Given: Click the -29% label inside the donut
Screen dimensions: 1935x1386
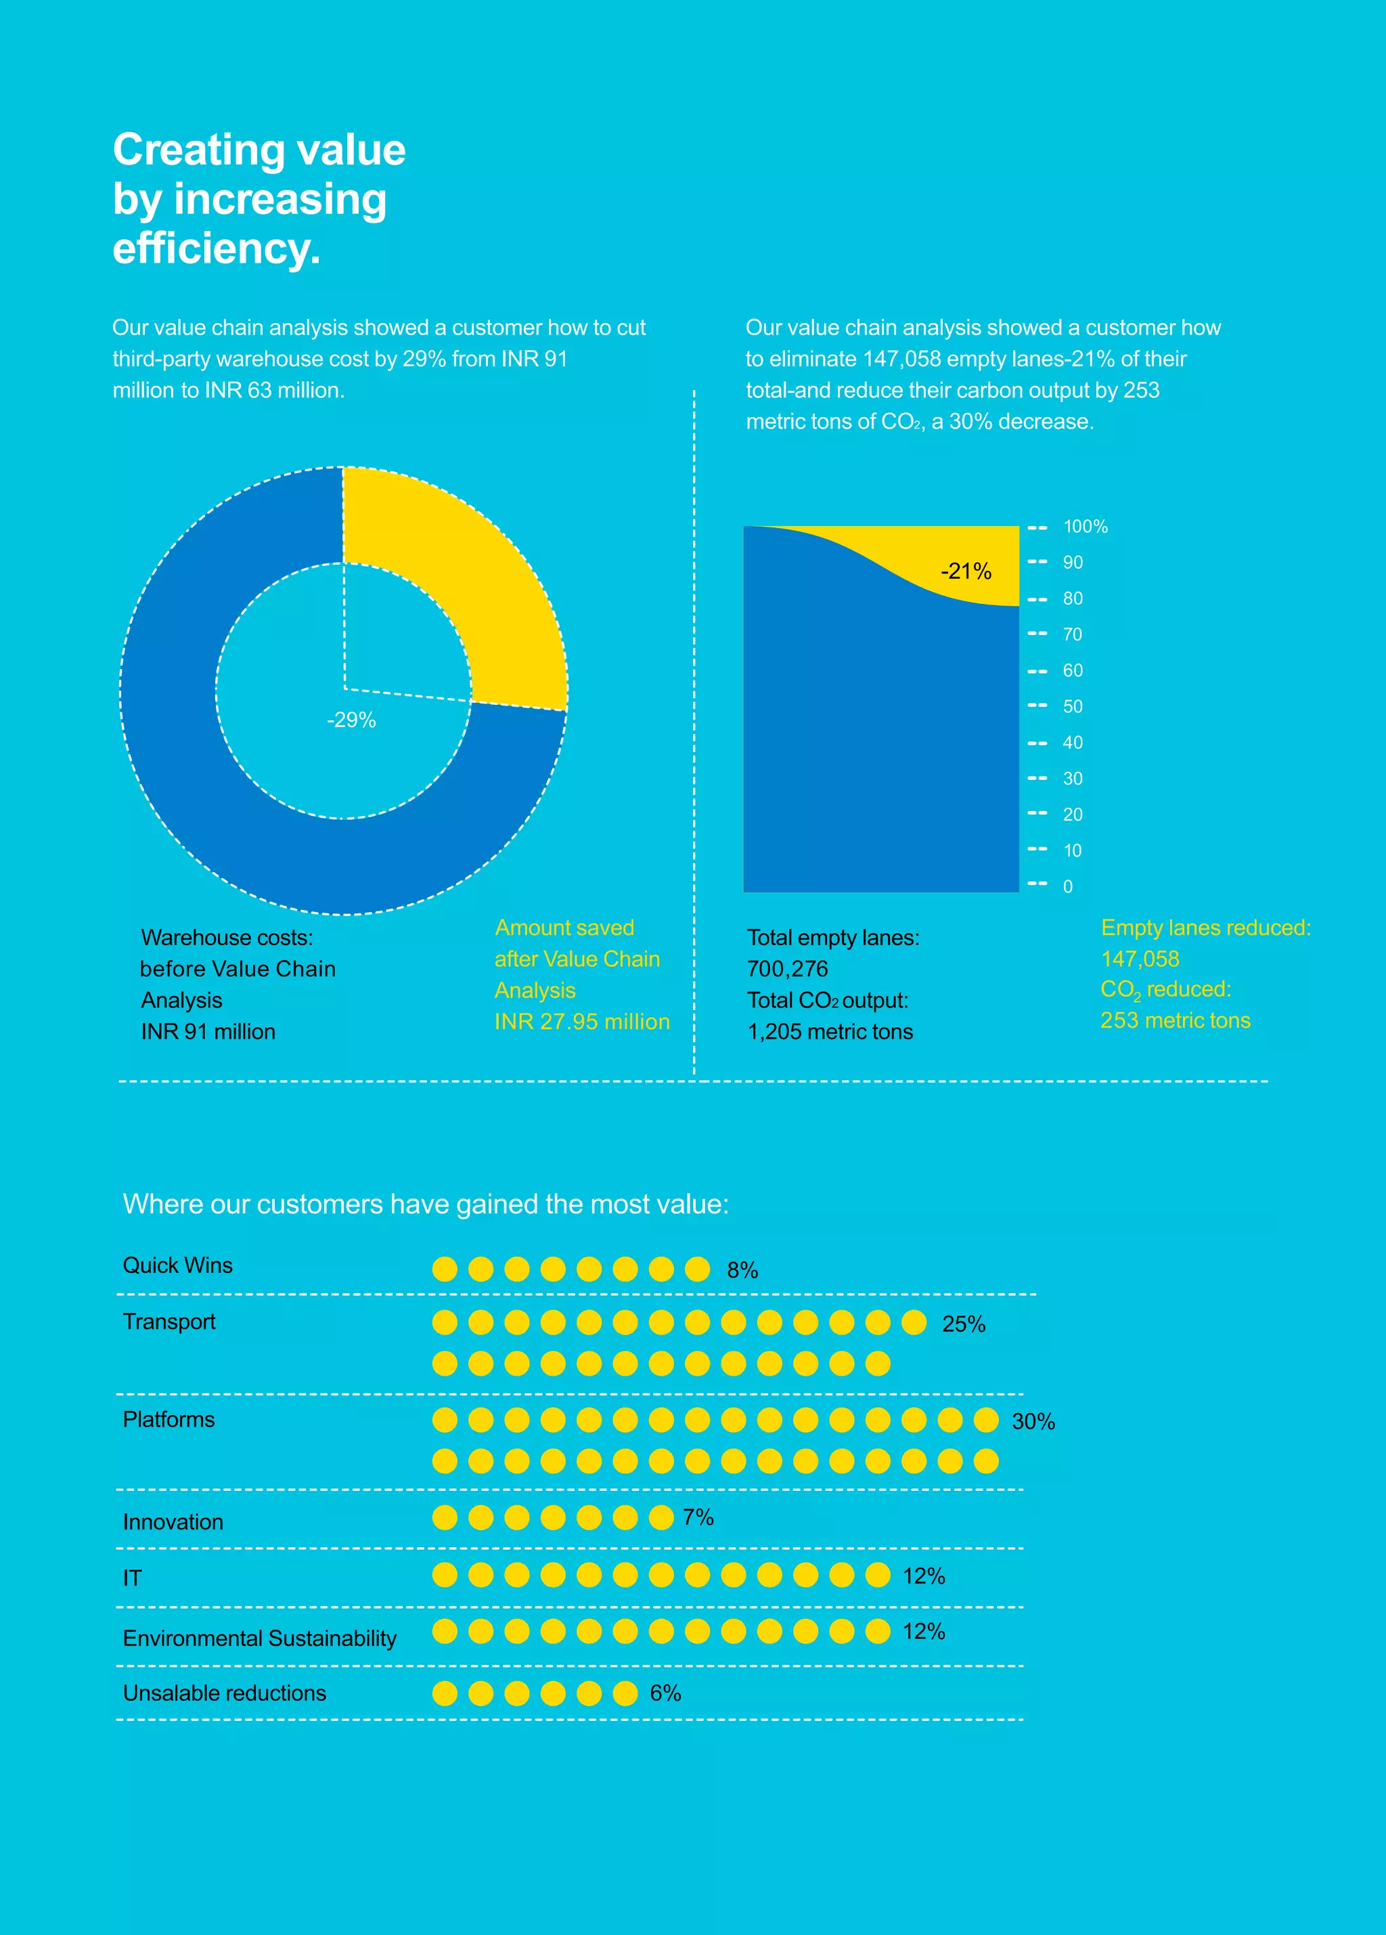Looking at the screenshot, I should [x=351, y=720].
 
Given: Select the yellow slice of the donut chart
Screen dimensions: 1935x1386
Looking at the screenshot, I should [x=478, y=580].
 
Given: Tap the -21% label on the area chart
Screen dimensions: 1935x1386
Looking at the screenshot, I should [x=966, y=571].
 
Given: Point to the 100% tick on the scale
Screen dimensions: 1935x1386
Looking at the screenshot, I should [x=1085, y=527].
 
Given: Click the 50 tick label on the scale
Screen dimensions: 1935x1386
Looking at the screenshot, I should [x=1072, y=706].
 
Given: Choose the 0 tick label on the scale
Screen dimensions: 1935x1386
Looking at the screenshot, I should [x=1067, y=886].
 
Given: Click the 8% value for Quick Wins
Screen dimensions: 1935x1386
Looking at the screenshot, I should [x=742, y=1270].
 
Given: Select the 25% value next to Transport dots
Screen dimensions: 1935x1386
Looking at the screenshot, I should [x=963, y=1324].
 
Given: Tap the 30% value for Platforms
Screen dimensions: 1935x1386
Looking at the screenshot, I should [x=1033, y=1421].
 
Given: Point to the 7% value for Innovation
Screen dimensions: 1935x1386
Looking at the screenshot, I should [x=698, y=1517].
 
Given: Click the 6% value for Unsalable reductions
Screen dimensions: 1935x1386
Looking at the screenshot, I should [x=665, y=1693].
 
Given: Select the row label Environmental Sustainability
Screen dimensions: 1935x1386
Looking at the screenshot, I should [x=259, y=1638].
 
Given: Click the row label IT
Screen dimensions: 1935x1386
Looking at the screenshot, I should [x=132, y=1578].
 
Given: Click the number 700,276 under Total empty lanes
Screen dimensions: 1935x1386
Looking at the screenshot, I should [x=787, y=970].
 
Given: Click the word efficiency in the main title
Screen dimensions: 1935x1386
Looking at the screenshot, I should [x=216, y=248].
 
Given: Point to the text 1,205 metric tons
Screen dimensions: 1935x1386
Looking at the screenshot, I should [x=830, y=1032].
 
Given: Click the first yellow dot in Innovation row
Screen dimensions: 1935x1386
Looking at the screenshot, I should [x=445, y=1518].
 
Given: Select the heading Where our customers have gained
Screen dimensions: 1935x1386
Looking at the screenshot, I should [x=425, y=1204].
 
